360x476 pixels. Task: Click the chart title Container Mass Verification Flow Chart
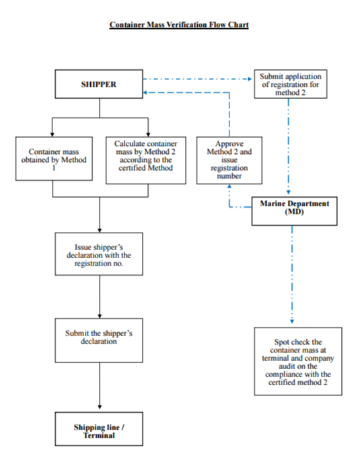pyautogui.click(x=179, y=25)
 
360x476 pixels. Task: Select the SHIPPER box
pyautogui.click(x=99, y=84)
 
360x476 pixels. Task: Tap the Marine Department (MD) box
pyautogui.click(x=294, y=211)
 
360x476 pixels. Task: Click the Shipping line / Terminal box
pyautogui.click(x=99, y=429)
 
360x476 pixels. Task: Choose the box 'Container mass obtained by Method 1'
pyautogui.click(x=54, y=159)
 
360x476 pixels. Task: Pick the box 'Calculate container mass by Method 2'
pyautogui.click(x=146, y=160)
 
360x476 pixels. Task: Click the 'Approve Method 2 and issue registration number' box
pyautogui.click(x=229, y=160)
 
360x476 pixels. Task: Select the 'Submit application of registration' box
pyautogui.click(x=291, y=84)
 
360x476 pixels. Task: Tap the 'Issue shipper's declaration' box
pyautogui.click(x=99, y=254)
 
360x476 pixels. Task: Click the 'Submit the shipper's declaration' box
pyautogui.click(x=99, y=340)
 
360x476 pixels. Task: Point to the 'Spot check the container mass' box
pyautogui.click(x=298, y=361)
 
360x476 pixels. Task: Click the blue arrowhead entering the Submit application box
pyautogui.click(x=250, y=79)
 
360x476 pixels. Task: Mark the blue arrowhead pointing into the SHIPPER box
pyautogui.click(x=145, y=93)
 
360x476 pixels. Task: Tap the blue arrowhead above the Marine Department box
pyautogui.click(x=289, y=192)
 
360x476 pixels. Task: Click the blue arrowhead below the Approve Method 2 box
pyautogui.click(x=229, y=186)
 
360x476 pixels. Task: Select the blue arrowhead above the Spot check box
pyautogui.click(x=292, y=321)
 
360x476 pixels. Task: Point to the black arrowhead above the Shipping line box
pyautogui.click(x=100, y=407)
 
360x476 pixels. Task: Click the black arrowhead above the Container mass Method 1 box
pyautogui.click(x=52, y=134)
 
